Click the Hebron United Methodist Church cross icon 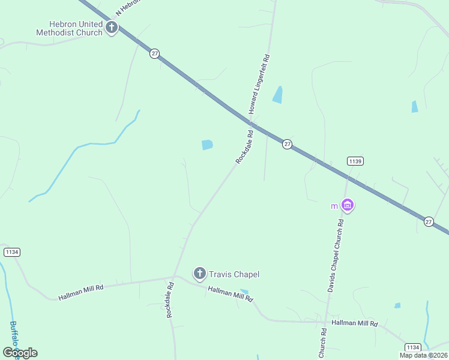111,27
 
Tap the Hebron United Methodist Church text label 69,28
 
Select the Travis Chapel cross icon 200,274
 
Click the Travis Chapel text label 234,274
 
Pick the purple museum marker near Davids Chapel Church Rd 347,206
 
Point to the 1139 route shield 355,161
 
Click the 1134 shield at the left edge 11,252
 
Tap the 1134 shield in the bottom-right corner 412,347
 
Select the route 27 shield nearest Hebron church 155,53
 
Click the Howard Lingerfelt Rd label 260,85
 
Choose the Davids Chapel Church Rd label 335,256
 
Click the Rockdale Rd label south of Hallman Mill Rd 170,300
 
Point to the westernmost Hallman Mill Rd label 81,292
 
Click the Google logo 20,352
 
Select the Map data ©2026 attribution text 423,355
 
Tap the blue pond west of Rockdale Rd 207,145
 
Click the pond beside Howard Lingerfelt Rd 277,94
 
